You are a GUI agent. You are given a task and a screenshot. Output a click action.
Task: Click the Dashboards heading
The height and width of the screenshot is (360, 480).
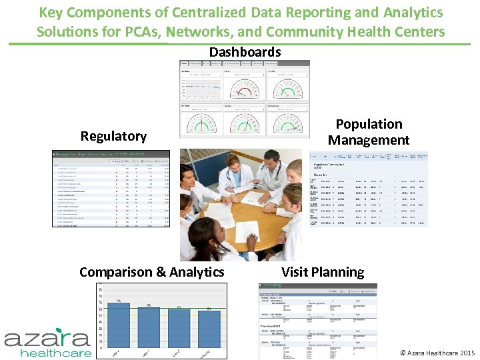tap(245, 52)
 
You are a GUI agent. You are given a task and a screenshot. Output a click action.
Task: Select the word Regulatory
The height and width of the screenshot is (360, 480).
tap(113, 136)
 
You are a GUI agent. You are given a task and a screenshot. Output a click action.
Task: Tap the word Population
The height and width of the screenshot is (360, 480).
tap(369, 124)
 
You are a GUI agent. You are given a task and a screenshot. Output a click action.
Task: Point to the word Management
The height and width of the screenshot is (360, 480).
tap(369, 140)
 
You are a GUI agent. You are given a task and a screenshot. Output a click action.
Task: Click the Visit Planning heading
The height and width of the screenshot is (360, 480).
tap(323, 272)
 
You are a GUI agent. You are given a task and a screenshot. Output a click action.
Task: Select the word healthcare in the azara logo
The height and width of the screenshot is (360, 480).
tap(56, 353)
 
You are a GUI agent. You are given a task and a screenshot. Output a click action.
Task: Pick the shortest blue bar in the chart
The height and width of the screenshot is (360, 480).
tap(209, 328)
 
